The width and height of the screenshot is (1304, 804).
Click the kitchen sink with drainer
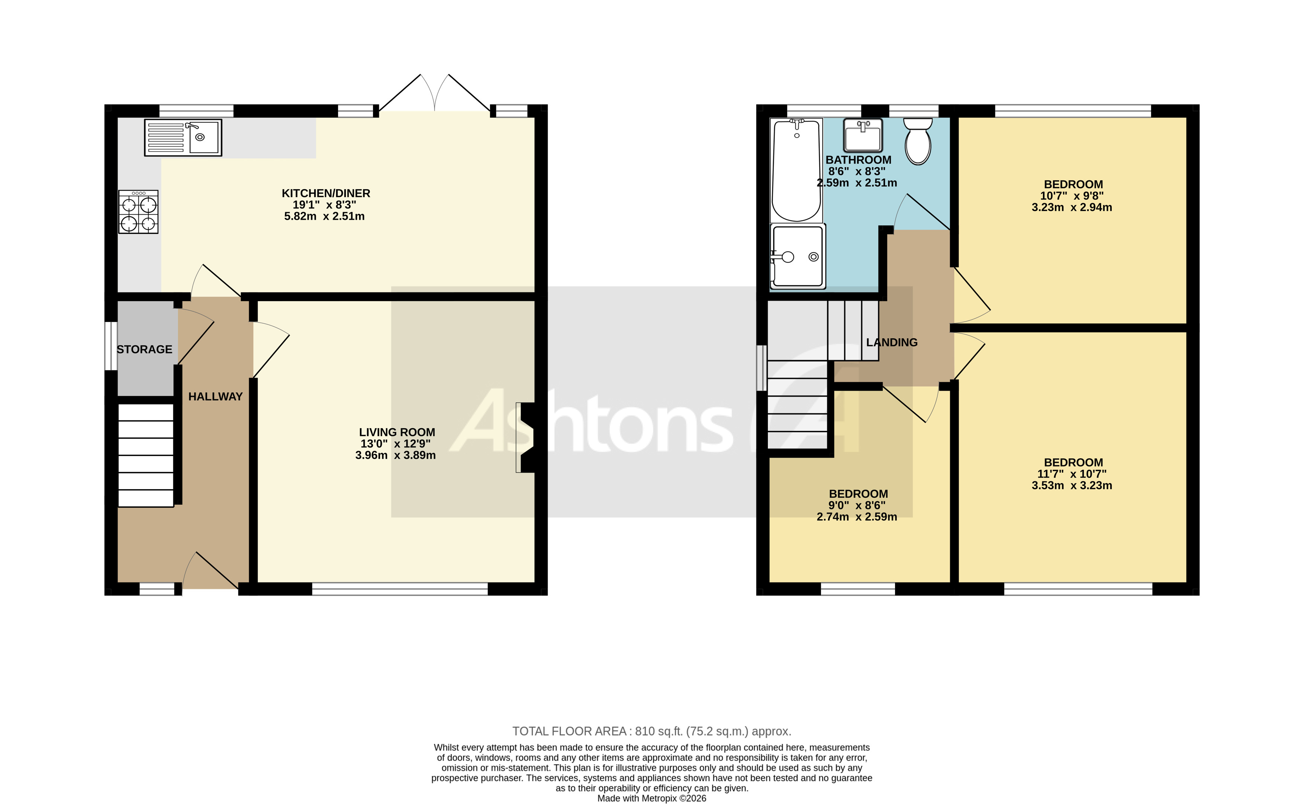click(183, 138)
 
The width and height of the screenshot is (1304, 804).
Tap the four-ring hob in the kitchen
click(138, 212)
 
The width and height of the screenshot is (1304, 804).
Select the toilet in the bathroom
click(918, 142)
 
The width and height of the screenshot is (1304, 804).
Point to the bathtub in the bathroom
click(796, 170)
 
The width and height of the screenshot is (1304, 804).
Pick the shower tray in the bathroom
click(798, 257)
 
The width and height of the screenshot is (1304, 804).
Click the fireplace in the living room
click(525, 437)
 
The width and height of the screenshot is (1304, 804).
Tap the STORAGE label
click(144, 349)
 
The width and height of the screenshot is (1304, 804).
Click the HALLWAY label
click(215, 397)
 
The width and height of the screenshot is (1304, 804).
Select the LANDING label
click(892, 342)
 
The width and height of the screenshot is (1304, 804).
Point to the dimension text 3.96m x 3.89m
click(395, 455)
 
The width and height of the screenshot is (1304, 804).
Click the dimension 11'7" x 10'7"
click(1072, 474)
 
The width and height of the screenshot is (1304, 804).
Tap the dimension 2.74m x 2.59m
click(857, 517)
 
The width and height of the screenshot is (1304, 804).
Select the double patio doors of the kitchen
click(435, 95)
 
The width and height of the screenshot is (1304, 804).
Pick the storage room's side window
click(110, 346)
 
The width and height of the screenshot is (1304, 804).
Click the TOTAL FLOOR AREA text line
click(651, 731)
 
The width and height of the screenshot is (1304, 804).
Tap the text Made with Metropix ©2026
click(651, 798)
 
